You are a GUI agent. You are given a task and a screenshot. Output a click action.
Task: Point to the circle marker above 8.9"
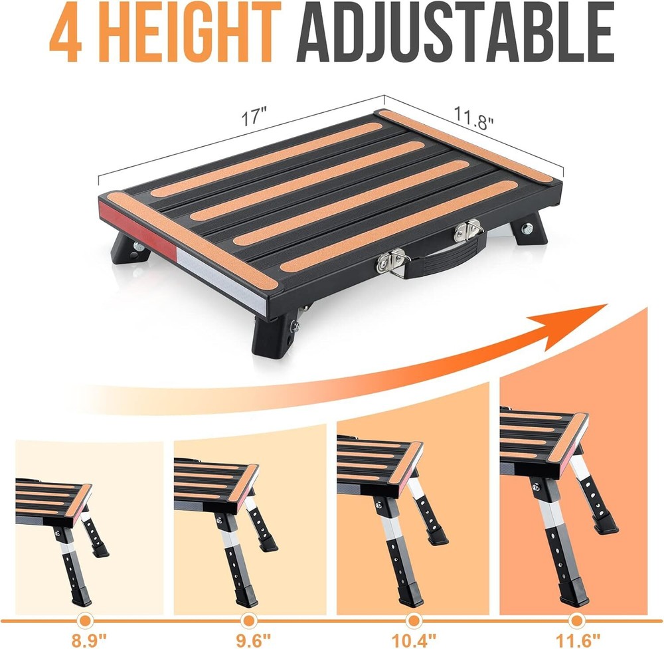click(84, 620)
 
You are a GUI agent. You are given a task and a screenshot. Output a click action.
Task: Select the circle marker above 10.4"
click(413, 620)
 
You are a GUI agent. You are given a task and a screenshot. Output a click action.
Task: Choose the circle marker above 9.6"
click(249, 620)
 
